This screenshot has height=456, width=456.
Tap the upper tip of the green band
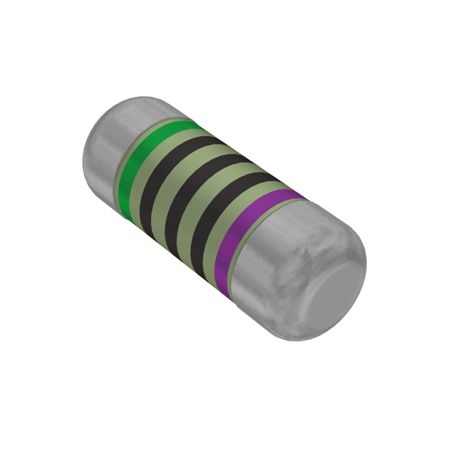191,125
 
